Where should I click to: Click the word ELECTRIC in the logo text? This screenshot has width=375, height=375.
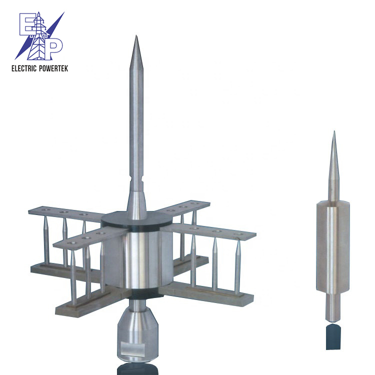coord(24,68)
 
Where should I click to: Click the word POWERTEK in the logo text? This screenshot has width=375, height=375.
coord(53,68)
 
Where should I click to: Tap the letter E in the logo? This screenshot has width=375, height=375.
coord(27,23)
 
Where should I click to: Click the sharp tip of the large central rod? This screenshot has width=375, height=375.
coord(136,35)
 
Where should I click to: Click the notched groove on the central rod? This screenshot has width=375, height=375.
coord(136,179)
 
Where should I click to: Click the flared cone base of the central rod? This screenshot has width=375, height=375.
coord(136,205)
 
